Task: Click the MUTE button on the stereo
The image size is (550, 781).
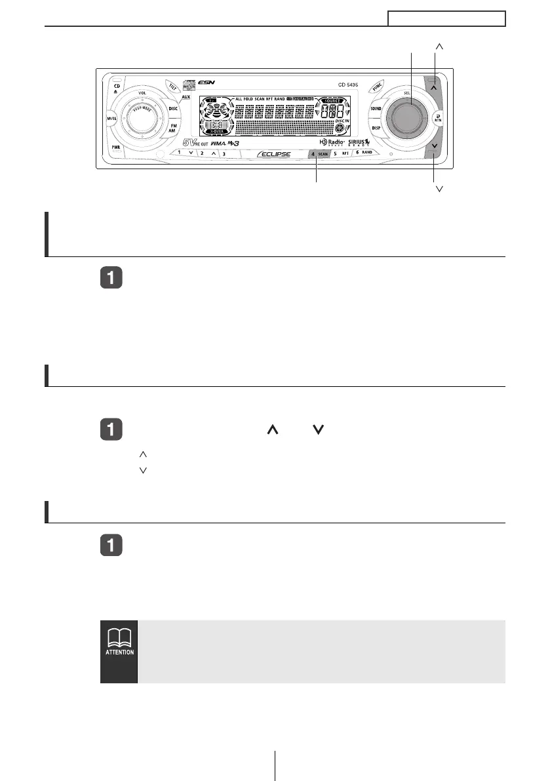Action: click(x=112, y=118)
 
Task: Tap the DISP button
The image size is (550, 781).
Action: click(x=376, y=129)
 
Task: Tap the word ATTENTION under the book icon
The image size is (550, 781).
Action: click(x=119, y=652)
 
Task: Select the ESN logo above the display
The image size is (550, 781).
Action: click(x=208, y=81)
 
